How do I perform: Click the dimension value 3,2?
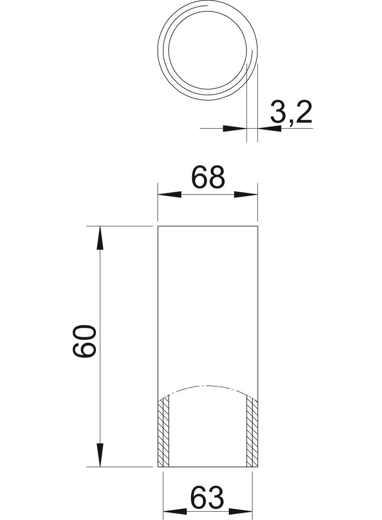(x=290, y=113)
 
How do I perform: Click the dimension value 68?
(x=208, y=178)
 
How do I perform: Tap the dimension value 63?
(x=207, y=498)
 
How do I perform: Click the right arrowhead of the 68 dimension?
(x=246, y=194)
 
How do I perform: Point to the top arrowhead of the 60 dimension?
(x=100, y=239)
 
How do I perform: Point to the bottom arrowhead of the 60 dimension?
(x=100, y=454)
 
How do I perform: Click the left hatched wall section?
(x=164, y=432)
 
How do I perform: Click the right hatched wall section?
(x=251, y=432)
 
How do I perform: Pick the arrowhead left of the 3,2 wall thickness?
(x=235, y=129)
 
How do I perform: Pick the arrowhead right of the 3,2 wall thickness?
(x=269, y=129)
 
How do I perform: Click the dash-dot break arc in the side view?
(x=209, y=386)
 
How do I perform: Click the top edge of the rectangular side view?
(x=208, y=227)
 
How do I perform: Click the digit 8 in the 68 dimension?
(x=217, y=178)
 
